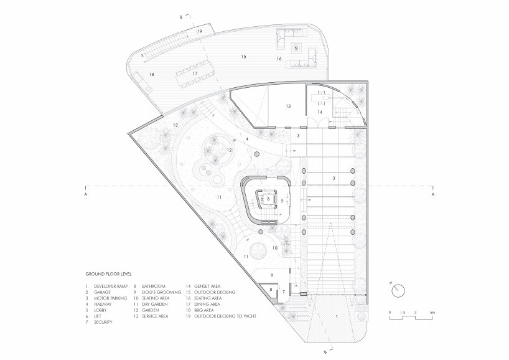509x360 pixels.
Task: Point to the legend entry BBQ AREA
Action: [205, 310]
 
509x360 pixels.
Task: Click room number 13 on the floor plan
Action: [288, 107]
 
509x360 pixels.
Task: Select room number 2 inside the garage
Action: [334, 178]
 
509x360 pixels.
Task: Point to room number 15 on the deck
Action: [243, 57]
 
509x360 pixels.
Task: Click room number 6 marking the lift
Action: [268, 199]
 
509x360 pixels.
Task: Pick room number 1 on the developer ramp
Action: [337, 317]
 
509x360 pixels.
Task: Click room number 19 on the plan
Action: [200, 31]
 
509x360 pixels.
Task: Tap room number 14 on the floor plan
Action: [320, 112]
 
